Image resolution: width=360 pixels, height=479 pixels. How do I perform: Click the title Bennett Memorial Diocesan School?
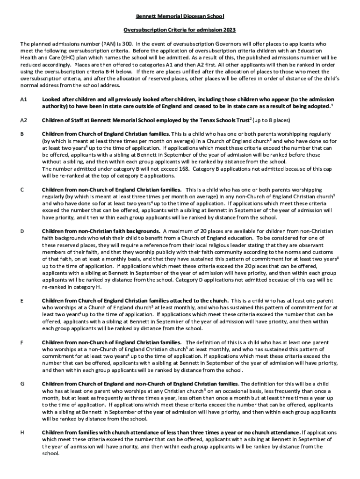pyautogui.click(x=180, y=16)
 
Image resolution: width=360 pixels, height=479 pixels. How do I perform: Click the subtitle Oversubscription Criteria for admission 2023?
pyautogui.click(x=180, y=30)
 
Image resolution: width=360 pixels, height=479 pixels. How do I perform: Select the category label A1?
pyautogui.click(x=24, y=100)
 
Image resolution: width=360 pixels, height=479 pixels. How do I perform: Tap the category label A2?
pyautogui.click(x=24, y=120)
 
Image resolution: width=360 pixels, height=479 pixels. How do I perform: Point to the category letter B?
pyautogui.click(x=22, y=134)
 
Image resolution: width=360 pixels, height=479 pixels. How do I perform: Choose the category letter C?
pyautogui.click(x=22, y=190)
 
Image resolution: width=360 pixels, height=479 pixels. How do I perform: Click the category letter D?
pyautogui.click(x=22, y=232)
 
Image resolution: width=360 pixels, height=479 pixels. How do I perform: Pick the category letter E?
pyautogui.click(x=22, y=301)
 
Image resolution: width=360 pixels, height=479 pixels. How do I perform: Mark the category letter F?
pyautogui.click(x=22, y=342)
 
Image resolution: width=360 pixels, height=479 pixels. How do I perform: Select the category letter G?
pyautogui.click(x=22, y=384)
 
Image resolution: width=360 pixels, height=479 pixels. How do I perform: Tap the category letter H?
pyautogui.click(x=22, y=433)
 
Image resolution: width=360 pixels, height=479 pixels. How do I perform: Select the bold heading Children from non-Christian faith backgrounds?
pyautogui.click(x=101, y=232)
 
